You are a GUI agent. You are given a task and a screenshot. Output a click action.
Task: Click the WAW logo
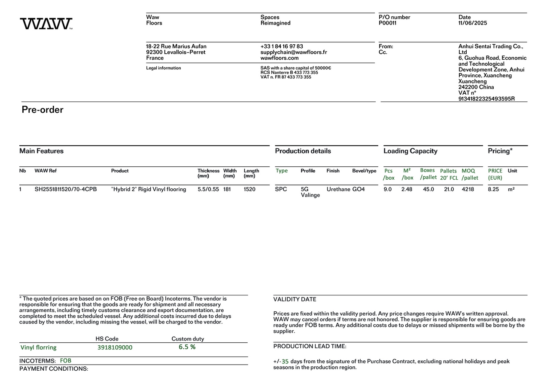pyautogui.click(x=46, y=24)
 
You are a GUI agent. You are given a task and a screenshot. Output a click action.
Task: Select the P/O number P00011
pyautogui.click(x=387, y=23)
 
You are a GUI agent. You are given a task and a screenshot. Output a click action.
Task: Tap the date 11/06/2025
pyautogui.click(x=473, y=23)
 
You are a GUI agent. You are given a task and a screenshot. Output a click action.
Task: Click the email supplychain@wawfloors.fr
pyautogui.click(x=293, y=52)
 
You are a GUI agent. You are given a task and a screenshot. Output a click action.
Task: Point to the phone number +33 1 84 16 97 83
pyautogui.click(x=281, y=46)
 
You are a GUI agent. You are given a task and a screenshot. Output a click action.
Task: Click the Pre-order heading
pyautogui.click(x=43, y=110)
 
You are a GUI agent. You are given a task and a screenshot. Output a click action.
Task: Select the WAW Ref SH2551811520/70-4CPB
pyautogui.click(x=66, y=189)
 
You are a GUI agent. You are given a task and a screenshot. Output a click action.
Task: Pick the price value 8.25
pyautogui.click(x=493, y=189)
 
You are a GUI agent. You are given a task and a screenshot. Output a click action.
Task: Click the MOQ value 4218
pyautogui.click(x=468, y=189)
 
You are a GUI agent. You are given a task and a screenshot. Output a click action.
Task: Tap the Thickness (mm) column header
pyautogui.click(x=208, y=173)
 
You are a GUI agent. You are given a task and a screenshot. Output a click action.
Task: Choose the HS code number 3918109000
pyautogui.click(x=115, y=347)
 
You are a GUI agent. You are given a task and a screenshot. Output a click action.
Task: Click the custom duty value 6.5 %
pyautogui.click(x=187, y=347)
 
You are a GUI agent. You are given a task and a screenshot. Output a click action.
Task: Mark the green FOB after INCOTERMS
pyautogui.click(x=66, y=361)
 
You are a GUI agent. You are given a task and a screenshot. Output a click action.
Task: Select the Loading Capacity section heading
pyautogui.click(x=410, y=151)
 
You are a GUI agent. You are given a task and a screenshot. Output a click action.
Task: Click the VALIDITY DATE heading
pyautogui.click(x=295, y=299)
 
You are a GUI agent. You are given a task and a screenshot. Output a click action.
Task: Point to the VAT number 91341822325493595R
pyautogui.click(x=486, y=99)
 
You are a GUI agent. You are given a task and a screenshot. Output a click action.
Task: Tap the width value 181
pyautogui.click(x=227, y=189)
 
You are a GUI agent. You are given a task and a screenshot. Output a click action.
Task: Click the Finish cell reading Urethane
pyautogui.click(x=338, y=189)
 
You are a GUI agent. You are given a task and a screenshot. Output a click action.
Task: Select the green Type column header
pyautogui.click(x=282, y=171)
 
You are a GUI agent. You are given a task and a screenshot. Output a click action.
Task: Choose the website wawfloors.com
pyautogui.click(x=280, y=58)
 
